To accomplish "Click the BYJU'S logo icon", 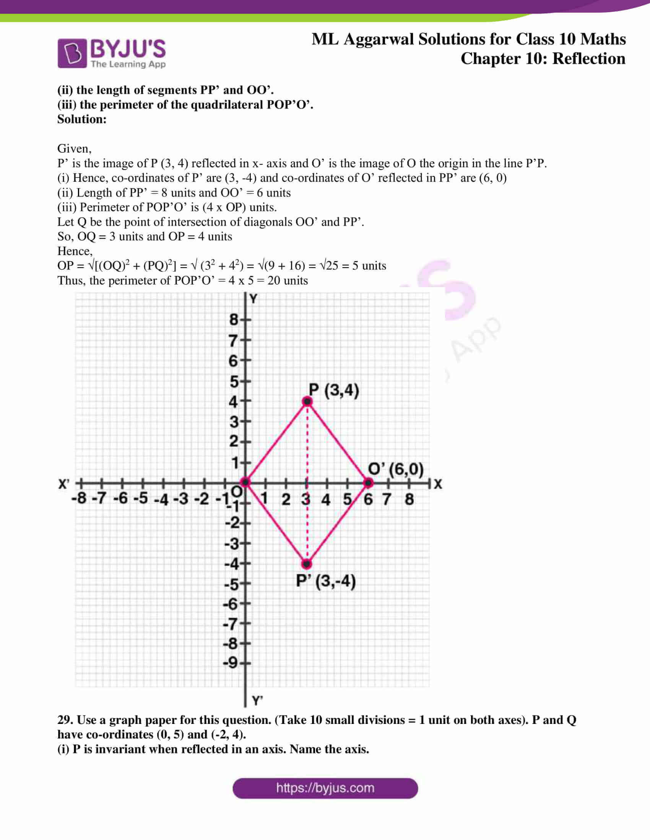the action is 71,53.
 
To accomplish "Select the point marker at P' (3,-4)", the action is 307,564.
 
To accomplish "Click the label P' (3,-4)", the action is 326,581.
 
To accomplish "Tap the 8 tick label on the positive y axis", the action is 233,320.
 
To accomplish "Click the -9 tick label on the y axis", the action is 231,663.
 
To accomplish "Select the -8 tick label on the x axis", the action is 79,498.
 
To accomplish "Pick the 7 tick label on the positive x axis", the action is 387,499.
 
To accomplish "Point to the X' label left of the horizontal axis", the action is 64,484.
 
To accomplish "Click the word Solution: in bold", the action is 82,119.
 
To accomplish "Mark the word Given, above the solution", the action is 74,149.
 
